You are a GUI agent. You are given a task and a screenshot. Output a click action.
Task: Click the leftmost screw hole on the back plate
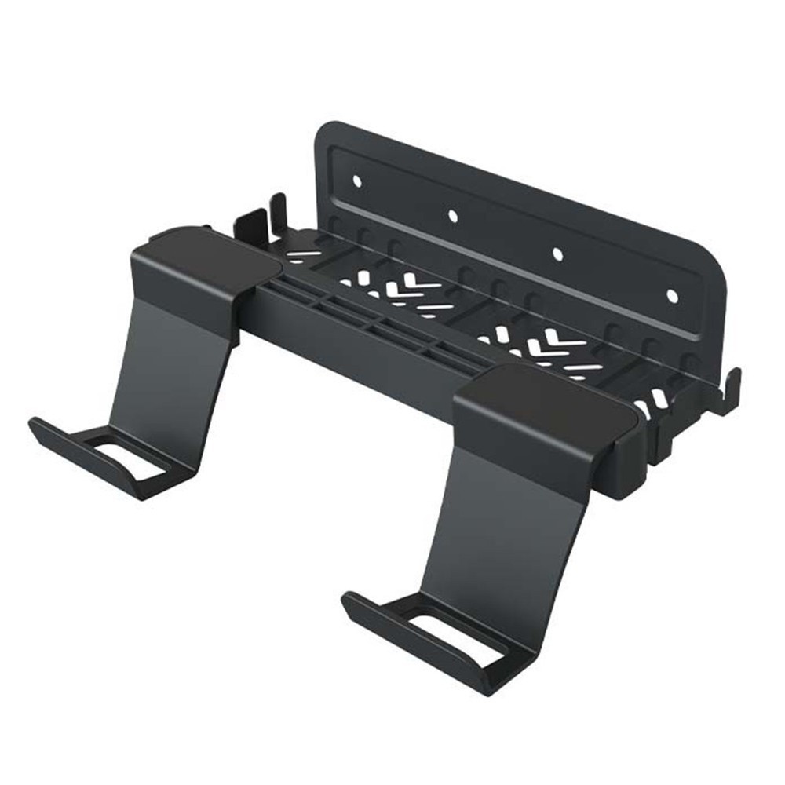click(x=356, y=181)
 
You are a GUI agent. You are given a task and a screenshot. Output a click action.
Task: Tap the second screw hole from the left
click(x=452, y=215)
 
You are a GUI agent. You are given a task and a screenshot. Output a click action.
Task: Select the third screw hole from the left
click(x=558, y=254)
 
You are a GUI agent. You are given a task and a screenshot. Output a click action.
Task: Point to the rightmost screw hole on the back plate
click(x=672, y=296)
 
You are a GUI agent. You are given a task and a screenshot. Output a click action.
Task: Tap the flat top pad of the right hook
click(x=542, y=407)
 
